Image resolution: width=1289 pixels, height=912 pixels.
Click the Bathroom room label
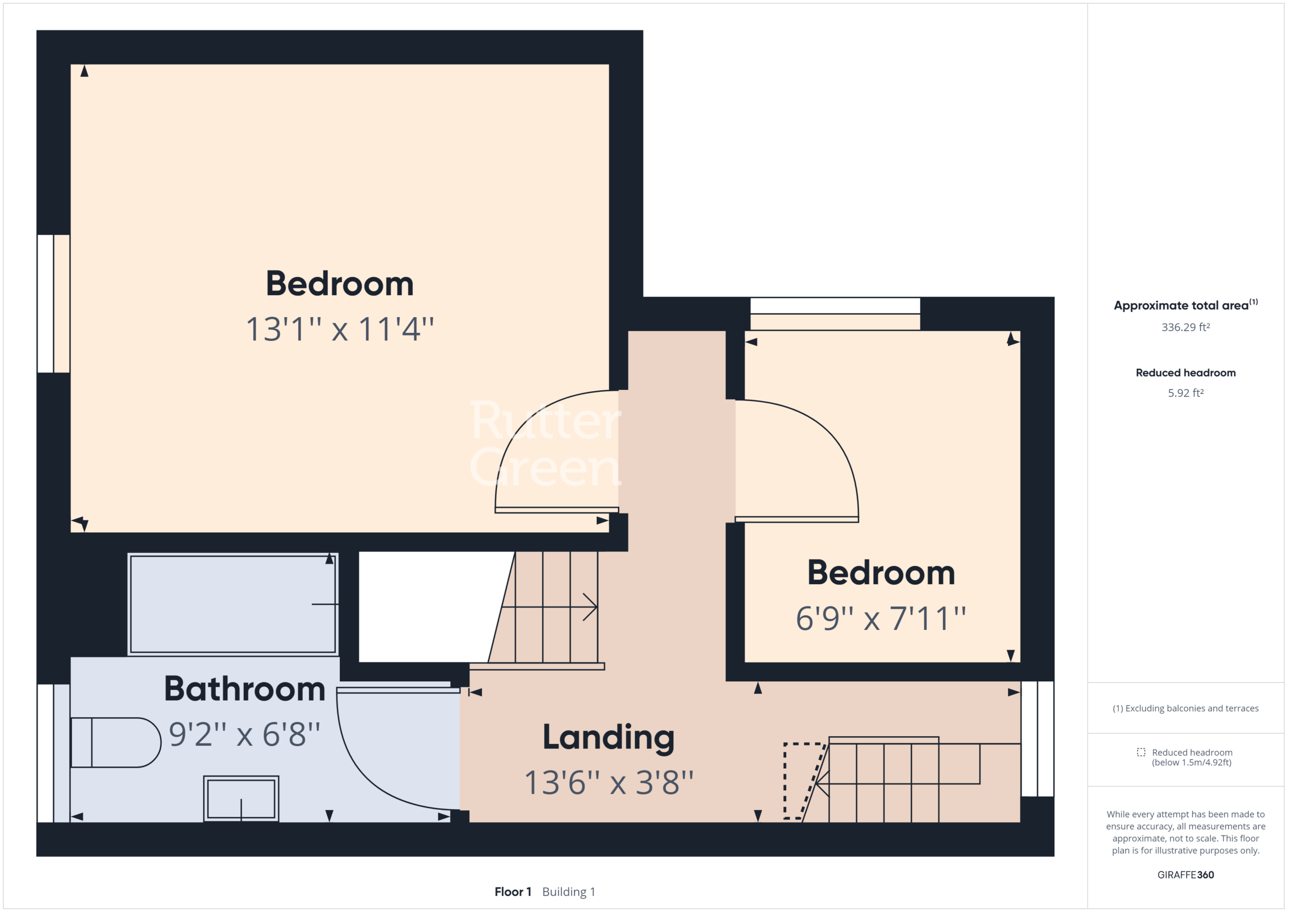(245, 689)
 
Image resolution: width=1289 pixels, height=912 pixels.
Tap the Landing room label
(609, 738)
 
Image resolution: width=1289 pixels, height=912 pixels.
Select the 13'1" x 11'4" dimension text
(340, 329)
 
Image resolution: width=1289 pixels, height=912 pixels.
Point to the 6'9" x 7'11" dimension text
(881, 618)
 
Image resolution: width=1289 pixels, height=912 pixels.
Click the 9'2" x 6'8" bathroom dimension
(245, 734)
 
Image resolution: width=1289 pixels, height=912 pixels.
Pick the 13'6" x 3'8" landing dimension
(609, 782)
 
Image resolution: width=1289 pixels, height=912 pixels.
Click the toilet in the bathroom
(116, 742)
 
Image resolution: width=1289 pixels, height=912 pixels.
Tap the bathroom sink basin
(241, 799)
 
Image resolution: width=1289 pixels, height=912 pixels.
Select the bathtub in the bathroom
(233, 604)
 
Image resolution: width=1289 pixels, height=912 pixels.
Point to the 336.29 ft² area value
(1185, 327)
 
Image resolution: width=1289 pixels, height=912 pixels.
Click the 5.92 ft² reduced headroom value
(1185, 393)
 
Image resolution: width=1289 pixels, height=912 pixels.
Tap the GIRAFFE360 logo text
(1185, 875)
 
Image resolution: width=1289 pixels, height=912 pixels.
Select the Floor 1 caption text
(513, 892)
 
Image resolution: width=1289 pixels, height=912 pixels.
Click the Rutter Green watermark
(546, 444)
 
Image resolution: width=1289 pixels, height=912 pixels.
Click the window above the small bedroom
(835, 313)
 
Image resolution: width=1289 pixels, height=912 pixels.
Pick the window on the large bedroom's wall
(53, 304)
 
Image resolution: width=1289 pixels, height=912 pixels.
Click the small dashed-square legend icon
(1141, 752)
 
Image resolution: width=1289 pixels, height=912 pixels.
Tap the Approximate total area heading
(1185, 305)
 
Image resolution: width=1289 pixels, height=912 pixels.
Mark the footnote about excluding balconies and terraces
(1185, 708)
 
